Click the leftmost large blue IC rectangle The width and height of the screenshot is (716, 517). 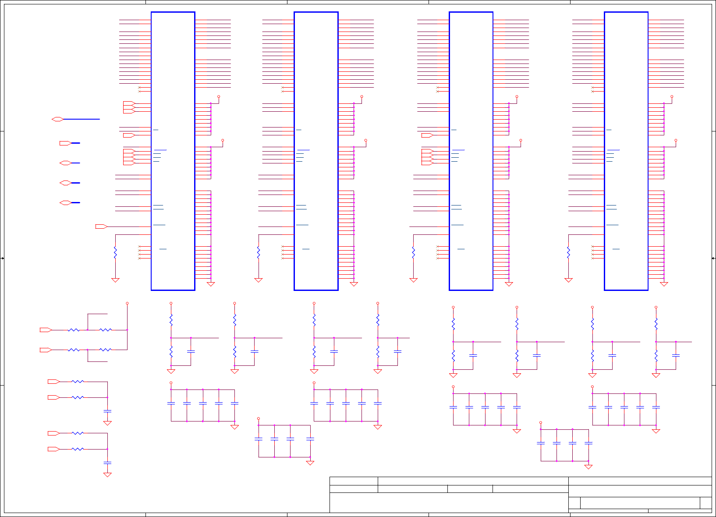coord(173,151)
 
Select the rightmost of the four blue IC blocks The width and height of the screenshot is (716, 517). coord(626,151)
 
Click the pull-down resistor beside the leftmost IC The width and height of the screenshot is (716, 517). coord(115,253)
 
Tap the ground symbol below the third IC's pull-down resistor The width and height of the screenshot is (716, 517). coord(413,280)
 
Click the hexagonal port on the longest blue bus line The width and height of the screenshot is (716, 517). coord(57,119)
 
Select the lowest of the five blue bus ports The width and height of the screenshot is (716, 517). coord(65,203)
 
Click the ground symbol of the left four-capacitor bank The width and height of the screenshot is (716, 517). coord(310,463)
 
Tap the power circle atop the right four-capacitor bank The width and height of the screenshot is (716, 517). coord(541,423)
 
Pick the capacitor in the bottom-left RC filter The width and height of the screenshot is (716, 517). coord(107,463)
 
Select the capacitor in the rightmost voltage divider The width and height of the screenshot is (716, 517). coord(676,355)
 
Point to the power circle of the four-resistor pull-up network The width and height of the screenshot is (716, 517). coord(127,303)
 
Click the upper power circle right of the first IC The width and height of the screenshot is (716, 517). coord(219,97)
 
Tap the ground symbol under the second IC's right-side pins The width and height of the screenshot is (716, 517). coord(354,284)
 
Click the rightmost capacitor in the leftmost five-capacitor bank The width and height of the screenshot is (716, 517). coord(234,403)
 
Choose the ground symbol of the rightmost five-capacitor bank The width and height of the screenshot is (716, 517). coord(656,431)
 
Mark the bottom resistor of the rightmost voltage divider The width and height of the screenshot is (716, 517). coord(656,355)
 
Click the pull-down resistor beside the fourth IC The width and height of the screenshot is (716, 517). coord(568,253)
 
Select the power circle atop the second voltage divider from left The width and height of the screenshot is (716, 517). coord(234,303)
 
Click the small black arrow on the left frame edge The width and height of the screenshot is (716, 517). coord(2,258)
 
